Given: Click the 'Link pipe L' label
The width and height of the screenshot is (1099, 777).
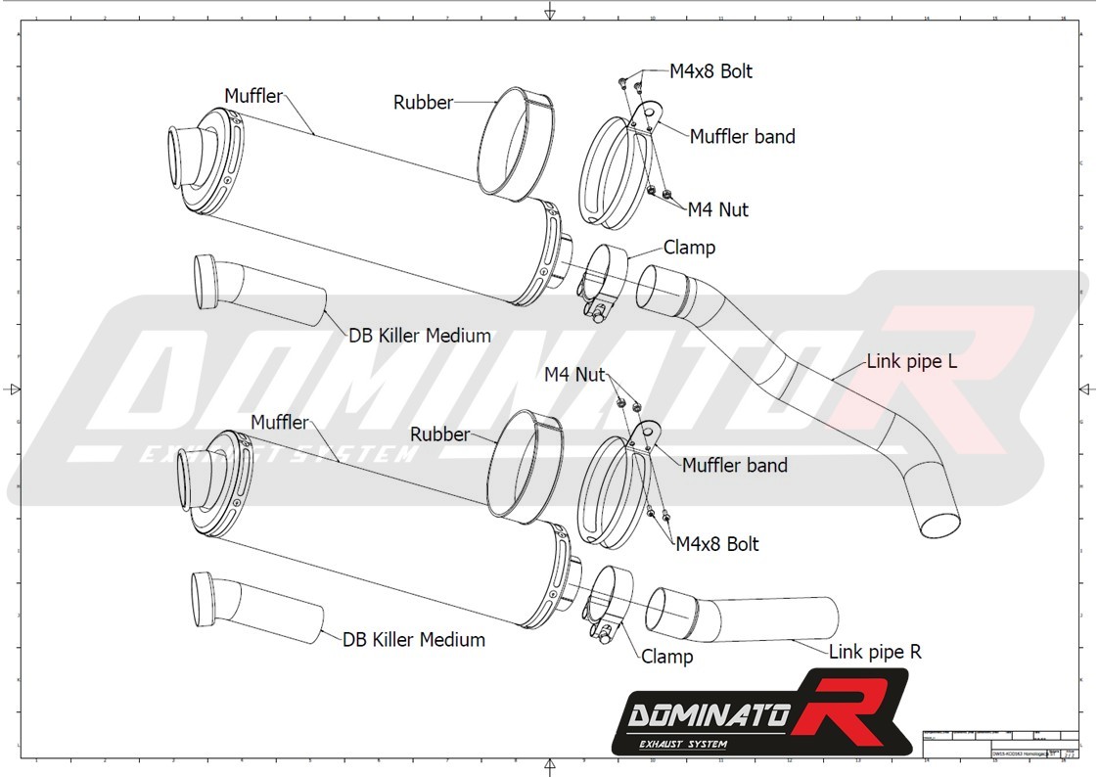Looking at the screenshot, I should pos(912,362).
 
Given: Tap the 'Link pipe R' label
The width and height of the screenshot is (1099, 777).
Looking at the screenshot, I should pos(875,651).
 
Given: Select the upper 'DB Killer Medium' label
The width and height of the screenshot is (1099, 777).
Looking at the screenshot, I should pos(420,336).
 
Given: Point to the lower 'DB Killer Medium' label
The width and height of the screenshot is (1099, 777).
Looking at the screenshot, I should pos(414,640).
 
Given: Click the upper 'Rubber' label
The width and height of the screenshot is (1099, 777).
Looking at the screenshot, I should pos(423,102).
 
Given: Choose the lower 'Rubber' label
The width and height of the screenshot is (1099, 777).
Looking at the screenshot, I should pos(439,434).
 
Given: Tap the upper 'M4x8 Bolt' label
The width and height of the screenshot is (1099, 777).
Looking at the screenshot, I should pos(710,71).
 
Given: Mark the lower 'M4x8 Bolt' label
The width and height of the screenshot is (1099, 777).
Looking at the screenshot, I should pos(717,543).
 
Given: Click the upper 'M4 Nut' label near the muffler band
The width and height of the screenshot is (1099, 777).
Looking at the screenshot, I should pos(717,208).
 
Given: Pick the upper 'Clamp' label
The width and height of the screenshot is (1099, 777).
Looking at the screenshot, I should pos(689,248).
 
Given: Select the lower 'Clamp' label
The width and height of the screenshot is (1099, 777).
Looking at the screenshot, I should pos(667,657).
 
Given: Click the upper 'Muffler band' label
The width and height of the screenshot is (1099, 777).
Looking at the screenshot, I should pos(742,137).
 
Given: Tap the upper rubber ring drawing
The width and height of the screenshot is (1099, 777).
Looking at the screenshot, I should pos(516,144).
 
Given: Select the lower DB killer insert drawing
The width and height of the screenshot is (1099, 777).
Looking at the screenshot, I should pos(254,607).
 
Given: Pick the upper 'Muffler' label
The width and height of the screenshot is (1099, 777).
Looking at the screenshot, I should pos(253,96).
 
